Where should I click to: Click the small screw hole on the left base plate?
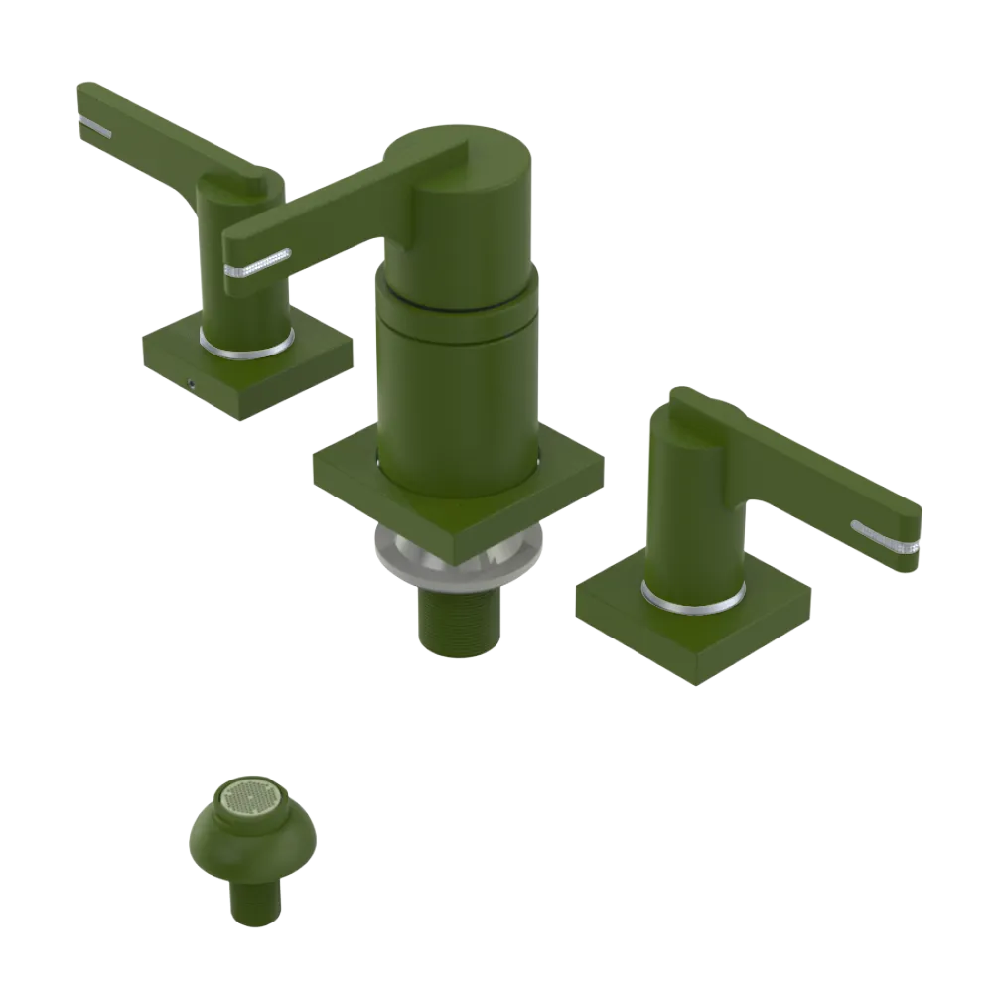191,382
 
